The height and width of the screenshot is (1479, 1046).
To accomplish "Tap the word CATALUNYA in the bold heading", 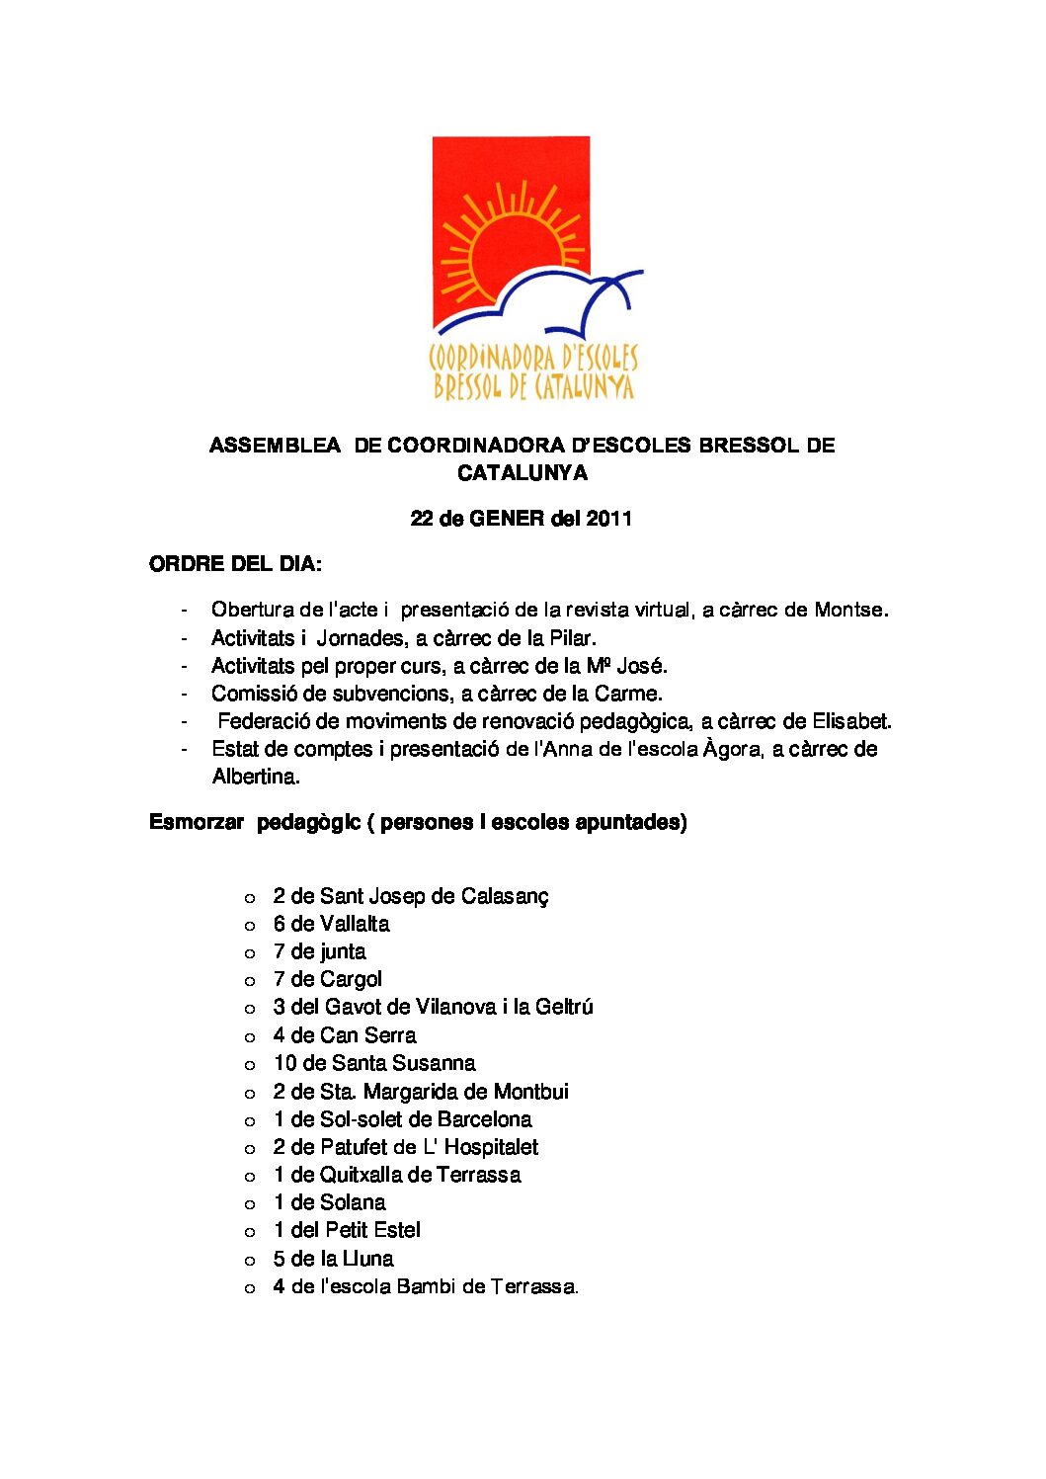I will (522, 473).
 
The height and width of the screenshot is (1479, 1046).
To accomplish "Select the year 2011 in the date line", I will (608, 519).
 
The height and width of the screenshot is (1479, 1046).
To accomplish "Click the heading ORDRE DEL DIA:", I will (235, 565).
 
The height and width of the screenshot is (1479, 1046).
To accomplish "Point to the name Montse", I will (849, 611).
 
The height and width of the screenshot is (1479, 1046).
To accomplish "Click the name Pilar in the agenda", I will (572, 638).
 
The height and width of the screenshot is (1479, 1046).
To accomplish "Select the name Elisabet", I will (851, 721).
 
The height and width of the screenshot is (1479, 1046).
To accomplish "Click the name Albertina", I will (256, 777).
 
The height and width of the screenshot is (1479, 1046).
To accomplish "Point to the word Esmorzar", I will (197, 822).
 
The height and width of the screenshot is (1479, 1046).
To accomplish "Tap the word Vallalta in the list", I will (355, 925).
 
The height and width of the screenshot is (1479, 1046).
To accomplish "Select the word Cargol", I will (351, 980).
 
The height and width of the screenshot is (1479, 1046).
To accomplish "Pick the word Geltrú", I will (564, 1008).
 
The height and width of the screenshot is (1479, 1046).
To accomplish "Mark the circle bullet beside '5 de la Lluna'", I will (250, 1261).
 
